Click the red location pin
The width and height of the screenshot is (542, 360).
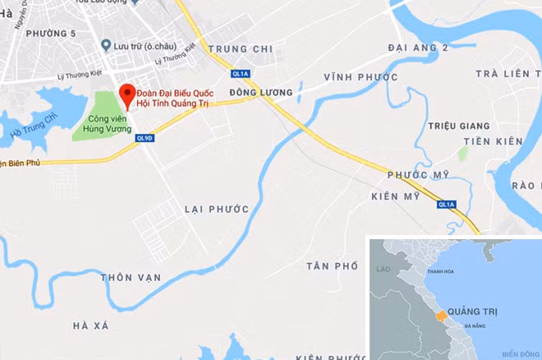click(x=126, y=94)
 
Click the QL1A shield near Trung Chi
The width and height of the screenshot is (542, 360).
click(x=240, y=72)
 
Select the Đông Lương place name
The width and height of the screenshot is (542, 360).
click(x=261, y=93)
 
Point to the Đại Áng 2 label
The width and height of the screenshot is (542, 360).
click(x=419, y=48)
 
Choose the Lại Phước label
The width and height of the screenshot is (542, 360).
click(x=217, y=209)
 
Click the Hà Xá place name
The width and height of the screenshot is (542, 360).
click(x=90, y=326)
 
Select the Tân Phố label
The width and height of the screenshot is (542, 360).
click(x=333, y=266)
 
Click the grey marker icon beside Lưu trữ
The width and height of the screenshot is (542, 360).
click(x=105, y=45)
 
